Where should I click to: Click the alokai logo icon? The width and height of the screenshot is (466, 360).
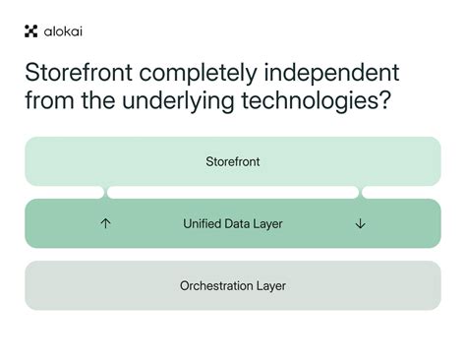pyautogui.click(x=30, y=30)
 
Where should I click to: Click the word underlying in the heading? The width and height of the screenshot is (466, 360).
pyautogui.click(x=168, y=101)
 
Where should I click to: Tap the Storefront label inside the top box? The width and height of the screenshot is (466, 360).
pyautogui.click(x=233, y=160)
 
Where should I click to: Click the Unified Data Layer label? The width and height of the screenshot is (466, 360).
pyautogui.click(x=233, y=224)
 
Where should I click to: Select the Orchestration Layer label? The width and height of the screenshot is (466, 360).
pyautogui.click(x=233, y=286)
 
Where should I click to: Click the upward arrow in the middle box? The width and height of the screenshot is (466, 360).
pyautogui.click(x=106, y=223)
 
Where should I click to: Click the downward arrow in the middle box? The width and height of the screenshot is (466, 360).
pyautogui.click(x=360, y=223)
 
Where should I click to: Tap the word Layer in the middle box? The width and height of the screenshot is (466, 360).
pyautogui.click(x=268, y=224)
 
